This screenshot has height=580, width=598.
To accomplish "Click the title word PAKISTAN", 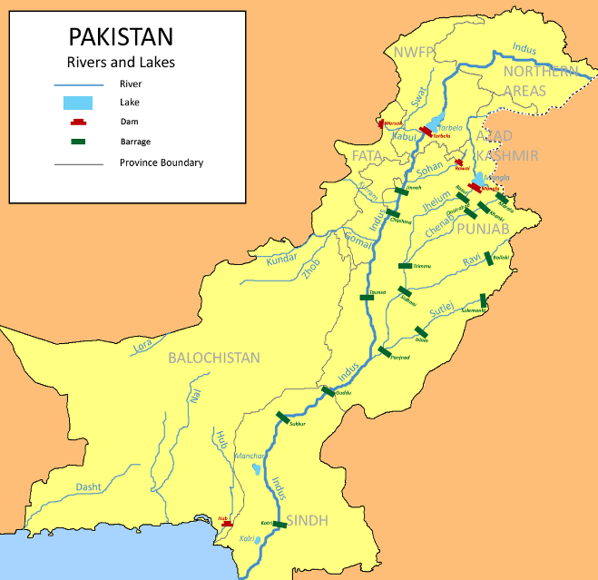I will click(x=121, y=39).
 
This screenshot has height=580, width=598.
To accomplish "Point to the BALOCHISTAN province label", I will click(x=214, y=358).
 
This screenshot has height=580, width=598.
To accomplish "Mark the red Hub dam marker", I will click(x=227, y=523).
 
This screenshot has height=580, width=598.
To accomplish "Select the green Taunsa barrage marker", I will click(x=366, y=298).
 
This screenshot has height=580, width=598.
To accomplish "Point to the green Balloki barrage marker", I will click(x=489, y=258).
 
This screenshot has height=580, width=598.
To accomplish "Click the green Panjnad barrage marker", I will click(x=386, y=352).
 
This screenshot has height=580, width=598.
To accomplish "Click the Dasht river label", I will click(x=88, y=487).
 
